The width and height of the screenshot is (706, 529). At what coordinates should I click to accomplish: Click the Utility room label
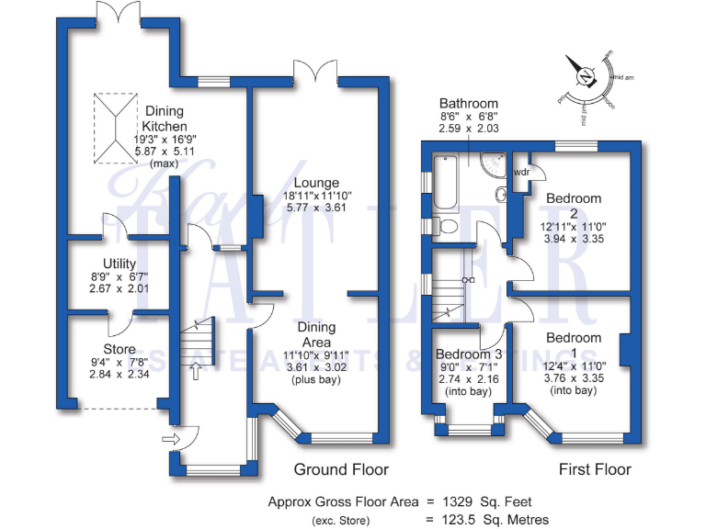120,264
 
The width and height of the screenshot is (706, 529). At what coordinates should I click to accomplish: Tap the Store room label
120,349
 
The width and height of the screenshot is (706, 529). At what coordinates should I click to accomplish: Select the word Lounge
316,183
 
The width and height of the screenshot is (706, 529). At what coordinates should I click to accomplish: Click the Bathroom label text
468,104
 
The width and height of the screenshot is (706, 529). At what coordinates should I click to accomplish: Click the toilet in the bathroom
449,226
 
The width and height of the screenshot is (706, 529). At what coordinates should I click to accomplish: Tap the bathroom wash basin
502,195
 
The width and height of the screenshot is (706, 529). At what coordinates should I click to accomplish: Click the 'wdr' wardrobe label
521,172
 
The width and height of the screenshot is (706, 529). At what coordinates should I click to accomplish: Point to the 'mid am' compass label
624,76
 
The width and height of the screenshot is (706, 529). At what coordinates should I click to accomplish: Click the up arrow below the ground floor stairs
194,370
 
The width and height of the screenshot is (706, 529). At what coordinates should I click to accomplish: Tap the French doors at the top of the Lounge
313,72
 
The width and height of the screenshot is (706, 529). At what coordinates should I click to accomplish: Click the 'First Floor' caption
596,469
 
